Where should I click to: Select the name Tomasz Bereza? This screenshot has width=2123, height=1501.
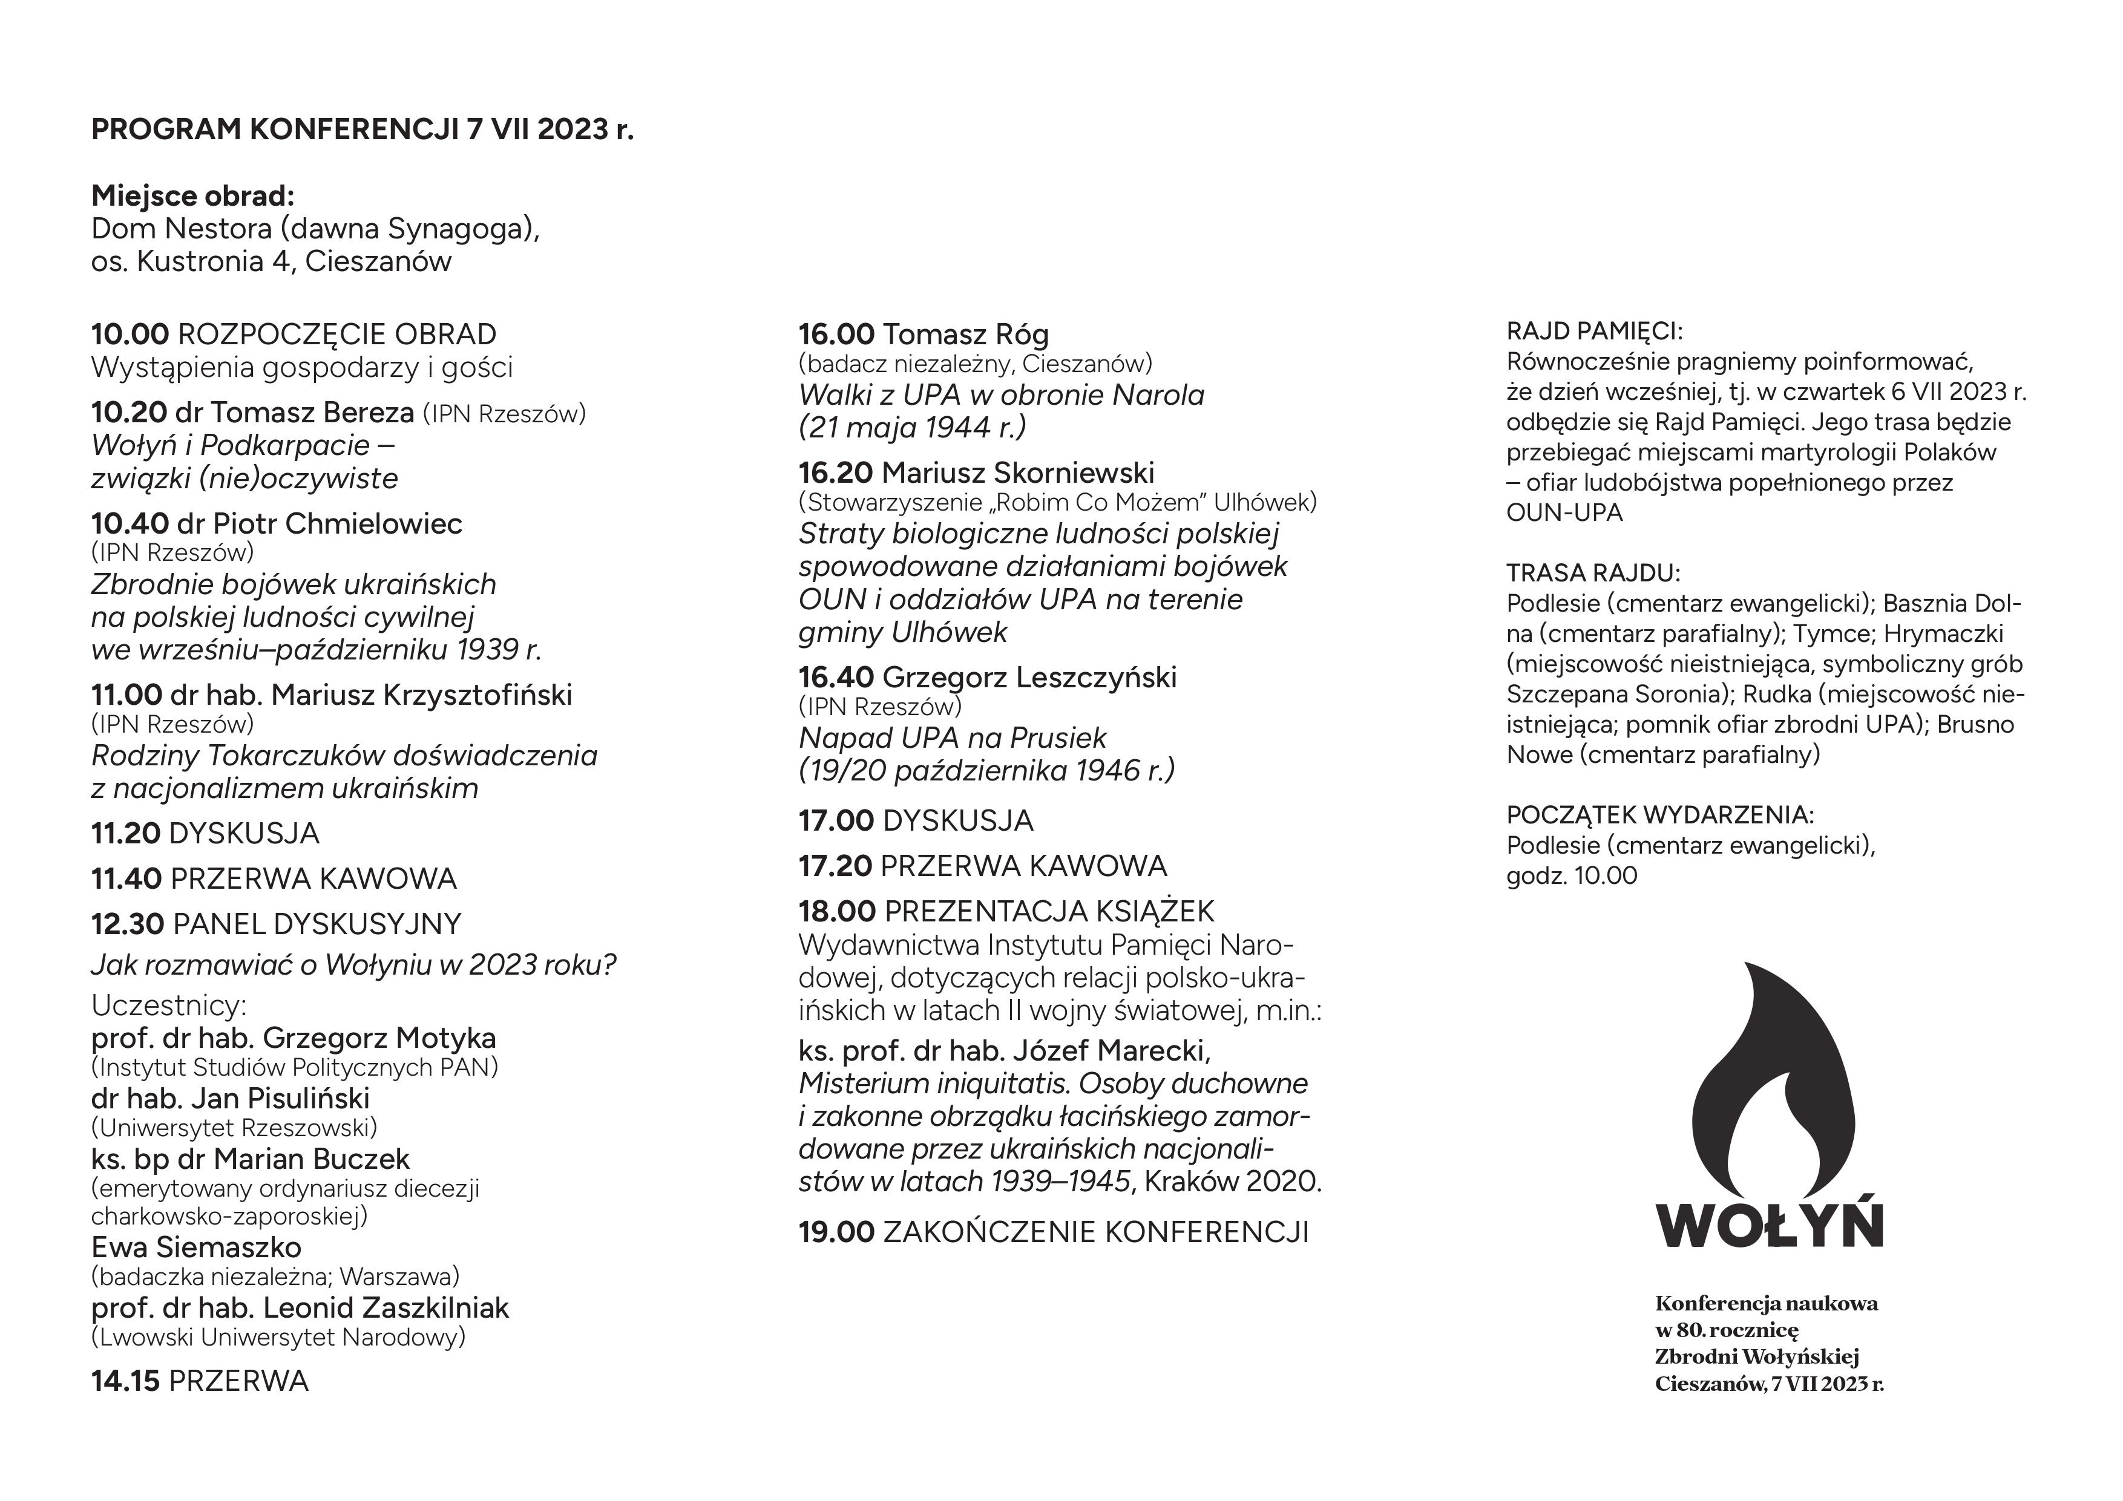click(x=312, y=412)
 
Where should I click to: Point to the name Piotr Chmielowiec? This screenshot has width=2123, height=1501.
click(x=338, y=523)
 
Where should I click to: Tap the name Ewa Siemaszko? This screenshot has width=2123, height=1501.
click(x=196, y=1247)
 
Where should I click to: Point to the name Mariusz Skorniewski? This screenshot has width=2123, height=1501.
click(x=1018, y=473)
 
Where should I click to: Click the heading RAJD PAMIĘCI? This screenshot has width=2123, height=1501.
click(x=1594, y=331)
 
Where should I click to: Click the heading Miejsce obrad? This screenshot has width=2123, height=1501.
click(x=192, y=196)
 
